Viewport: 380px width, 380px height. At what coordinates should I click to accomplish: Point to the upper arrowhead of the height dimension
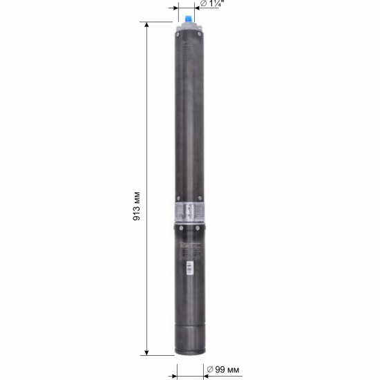147,26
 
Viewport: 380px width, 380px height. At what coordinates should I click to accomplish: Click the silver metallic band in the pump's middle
189,211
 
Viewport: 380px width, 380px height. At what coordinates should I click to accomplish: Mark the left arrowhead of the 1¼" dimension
176,8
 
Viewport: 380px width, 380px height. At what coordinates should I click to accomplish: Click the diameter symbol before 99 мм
208,371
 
